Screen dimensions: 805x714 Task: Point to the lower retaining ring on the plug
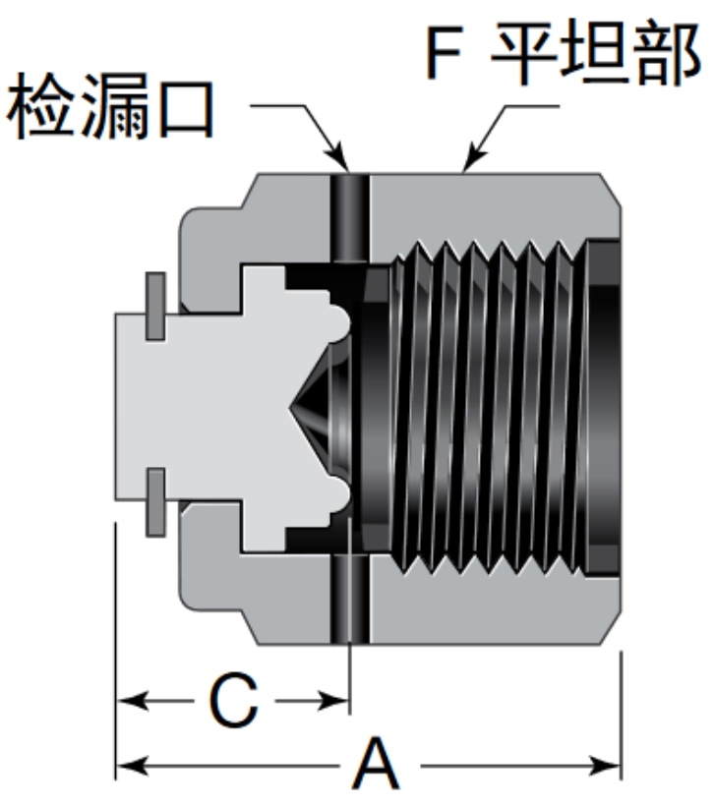pos(154,502)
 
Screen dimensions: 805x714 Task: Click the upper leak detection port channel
pos(349,218)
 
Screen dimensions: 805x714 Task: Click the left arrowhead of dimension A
pos(128,765)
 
